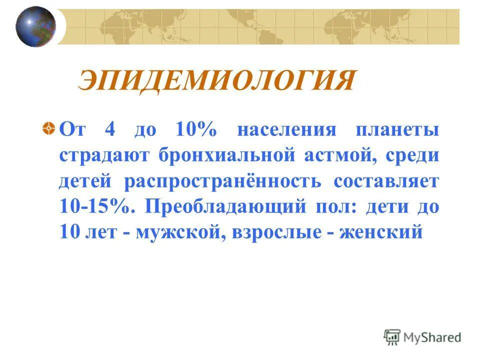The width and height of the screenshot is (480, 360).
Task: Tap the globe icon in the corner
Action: (35, 26)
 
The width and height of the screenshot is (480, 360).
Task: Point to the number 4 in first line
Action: (110, 130)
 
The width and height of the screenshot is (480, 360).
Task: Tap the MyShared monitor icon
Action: (393, 337)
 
